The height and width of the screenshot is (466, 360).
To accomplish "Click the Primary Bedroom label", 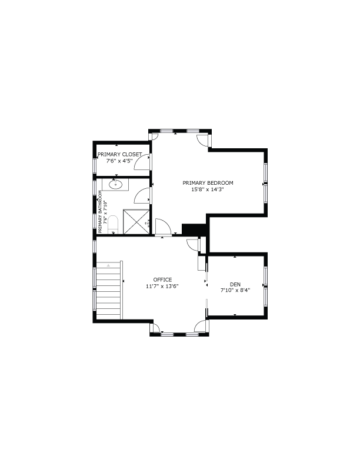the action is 208,183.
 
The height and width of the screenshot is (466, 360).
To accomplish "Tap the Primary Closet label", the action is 119,155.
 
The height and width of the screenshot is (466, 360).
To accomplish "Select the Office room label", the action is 162,279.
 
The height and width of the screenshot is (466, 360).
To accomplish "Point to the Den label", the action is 235,284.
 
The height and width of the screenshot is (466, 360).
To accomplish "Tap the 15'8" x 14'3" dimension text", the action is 207,189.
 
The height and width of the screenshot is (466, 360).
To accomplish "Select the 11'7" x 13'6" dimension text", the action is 162,286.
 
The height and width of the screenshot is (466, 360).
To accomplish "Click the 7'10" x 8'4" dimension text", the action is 235,291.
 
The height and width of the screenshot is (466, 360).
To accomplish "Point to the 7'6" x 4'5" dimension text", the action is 119,161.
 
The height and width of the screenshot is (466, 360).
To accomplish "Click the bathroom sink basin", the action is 115,185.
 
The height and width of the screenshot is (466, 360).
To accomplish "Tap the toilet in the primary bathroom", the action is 113,225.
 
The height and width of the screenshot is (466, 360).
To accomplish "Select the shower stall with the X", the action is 136,222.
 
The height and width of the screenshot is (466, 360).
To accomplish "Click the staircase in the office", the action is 109,290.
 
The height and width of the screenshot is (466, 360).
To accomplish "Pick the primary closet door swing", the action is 142,162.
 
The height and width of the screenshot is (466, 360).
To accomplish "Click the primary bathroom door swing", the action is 142,196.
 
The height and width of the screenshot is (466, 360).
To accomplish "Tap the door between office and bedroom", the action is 163,227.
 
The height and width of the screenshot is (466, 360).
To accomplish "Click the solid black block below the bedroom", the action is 194,229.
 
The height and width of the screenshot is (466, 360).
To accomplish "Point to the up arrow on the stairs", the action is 109,264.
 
